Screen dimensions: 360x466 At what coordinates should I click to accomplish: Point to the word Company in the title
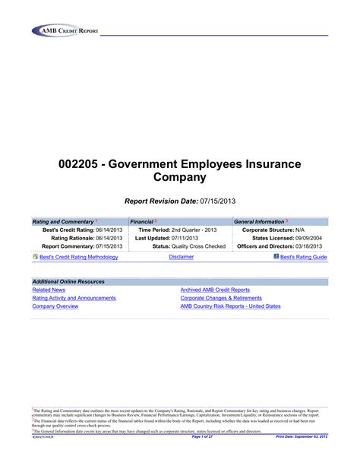tap(180, 178)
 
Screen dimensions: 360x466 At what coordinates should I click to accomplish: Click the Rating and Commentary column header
tap(60, 221)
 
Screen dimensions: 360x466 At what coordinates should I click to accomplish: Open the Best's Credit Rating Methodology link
tap(78, 258)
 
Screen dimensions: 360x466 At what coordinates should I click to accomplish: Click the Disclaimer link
tap(181, 258)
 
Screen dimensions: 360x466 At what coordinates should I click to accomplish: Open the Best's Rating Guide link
tap(304, 258)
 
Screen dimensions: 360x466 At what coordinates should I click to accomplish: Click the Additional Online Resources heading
tap(68, 281)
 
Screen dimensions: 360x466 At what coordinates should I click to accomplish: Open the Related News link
tap(49, 290)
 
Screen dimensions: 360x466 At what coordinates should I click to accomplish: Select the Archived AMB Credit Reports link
tap(215, 290)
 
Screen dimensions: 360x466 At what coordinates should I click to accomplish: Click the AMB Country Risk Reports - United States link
tap(230, 306)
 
